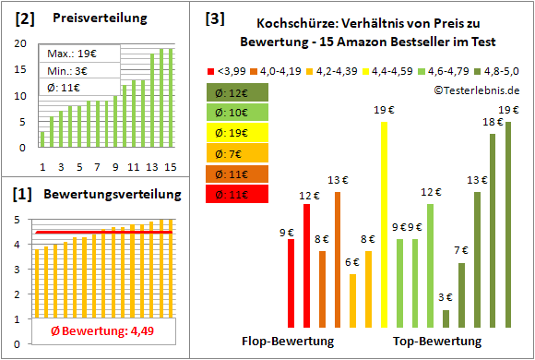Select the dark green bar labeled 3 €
[x=446, y=318]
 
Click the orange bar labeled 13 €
[x=338, y=259]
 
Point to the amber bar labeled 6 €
[x=353, y=301]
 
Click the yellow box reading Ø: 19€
[x=238, y=133]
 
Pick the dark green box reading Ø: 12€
[x=238, y=91]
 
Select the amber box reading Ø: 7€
[x=238, y=153]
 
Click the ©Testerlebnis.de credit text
[x=473, y=90]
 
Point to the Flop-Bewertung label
[x=287, y=341]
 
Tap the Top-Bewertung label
[x=436, y=341]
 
